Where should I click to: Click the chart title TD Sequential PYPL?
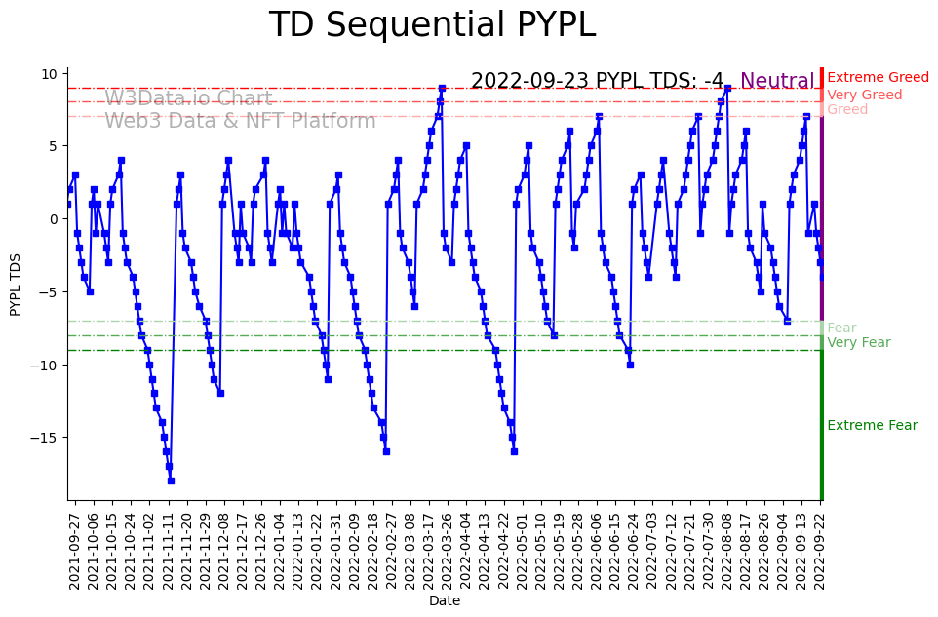tap(432, 25)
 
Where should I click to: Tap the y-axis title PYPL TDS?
tap(15, 283)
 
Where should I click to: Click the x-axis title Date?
tap(445, 601)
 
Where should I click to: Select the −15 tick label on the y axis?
tap(45, 438)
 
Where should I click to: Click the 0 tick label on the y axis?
tap(54, 219)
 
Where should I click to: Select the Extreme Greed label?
tap(878, 78)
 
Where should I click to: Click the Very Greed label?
tap(864, 96)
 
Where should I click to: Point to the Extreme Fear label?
tap(872, 426)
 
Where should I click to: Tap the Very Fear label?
tap(858, 343)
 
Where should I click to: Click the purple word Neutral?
tap(777, 82)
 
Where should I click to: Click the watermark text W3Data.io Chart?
tap(188, 98)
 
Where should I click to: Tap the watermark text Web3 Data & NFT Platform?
tap(240, 121)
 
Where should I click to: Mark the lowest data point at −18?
tap(171, 481)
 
